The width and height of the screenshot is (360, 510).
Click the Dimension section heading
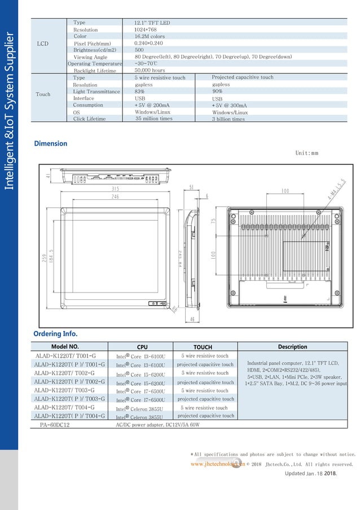(x=51, y=143)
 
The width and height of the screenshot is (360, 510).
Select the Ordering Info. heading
(x=55, y=334)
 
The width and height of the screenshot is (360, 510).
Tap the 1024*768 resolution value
(x=146, y=29)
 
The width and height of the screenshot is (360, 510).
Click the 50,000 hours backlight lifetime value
(x=150, y=71)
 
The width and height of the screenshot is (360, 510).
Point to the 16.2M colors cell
(x=149, y=36)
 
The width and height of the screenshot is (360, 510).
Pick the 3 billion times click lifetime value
(x=229, y=119)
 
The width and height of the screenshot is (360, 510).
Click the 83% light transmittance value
(x=139, y=91)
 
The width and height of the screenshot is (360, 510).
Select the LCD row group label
(x=42, y=43)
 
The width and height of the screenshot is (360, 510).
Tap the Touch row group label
(x=43, y=94)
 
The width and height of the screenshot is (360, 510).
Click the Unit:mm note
(x=307, y=153)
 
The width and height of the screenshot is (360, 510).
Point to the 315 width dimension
(x=115, y=189)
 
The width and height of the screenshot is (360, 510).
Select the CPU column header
(x=143, y=347)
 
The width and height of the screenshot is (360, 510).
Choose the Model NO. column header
(x=65, y=347)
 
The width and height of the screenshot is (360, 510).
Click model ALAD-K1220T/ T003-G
(x=64, y=390)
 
